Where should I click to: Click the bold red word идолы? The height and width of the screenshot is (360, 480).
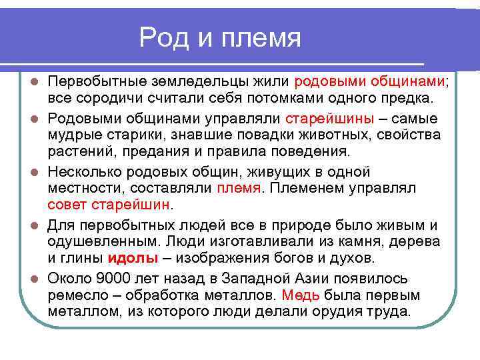133,257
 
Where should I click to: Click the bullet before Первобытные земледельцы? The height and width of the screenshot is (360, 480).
34,82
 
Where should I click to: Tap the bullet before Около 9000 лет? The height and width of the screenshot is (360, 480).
34,279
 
